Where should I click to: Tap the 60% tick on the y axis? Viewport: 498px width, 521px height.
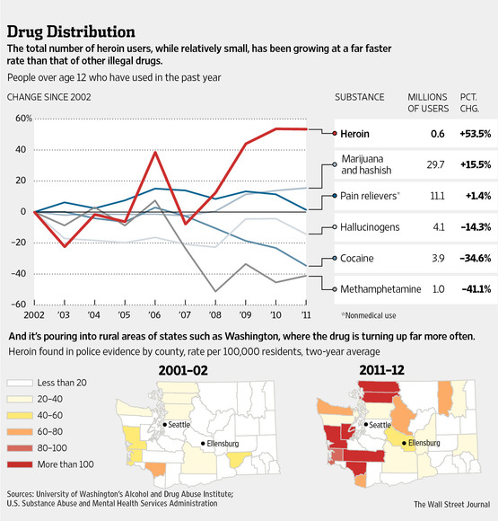pos(20,118)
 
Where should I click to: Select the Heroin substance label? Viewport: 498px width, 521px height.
pos(356,133)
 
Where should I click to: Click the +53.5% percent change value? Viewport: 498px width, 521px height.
pos(473,133)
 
